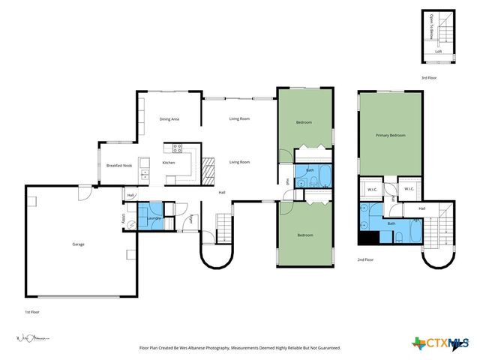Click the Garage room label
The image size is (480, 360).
pos(78,244)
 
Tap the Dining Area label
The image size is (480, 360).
pos(169,119)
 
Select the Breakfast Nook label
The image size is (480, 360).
pos(119,165)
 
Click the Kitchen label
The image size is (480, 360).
pos(169,163)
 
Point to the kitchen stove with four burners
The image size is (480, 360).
pos(178,147)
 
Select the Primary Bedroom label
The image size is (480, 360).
pos(391,135)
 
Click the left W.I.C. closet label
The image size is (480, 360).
pos(372,189)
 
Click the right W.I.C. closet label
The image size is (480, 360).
pos(409,189)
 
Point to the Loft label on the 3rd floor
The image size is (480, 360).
pos(439,52)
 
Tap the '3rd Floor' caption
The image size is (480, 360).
pos(428,77)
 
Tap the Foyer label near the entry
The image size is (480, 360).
pos(191,219)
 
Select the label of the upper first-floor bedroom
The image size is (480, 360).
pos(304,122)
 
